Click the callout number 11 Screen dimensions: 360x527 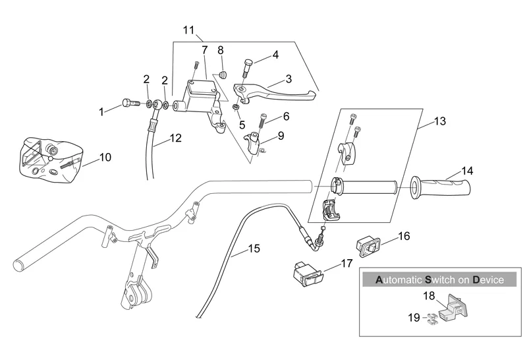tap(189, 30)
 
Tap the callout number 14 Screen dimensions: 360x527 tap(466, 170)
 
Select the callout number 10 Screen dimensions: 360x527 tap(105, 157)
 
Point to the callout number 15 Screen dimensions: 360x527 tap(254, 249)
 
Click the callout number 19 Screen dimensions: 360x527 tap(413, 317)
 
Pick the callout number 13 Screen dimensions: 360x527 tap(440, 122)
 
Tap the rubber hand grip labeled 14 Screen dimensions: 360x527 tap(441, 187)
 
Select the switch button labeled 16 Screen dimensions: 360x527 tap(368, 246)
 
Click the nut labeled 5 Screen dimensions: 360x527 tap(235, 107)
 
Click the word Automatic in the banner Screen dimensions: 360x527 tap(399, 280)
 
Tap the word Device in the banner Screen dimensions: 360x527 tap(488, 280)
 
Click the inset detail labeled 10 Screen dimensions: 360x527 tap(46, 158)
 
